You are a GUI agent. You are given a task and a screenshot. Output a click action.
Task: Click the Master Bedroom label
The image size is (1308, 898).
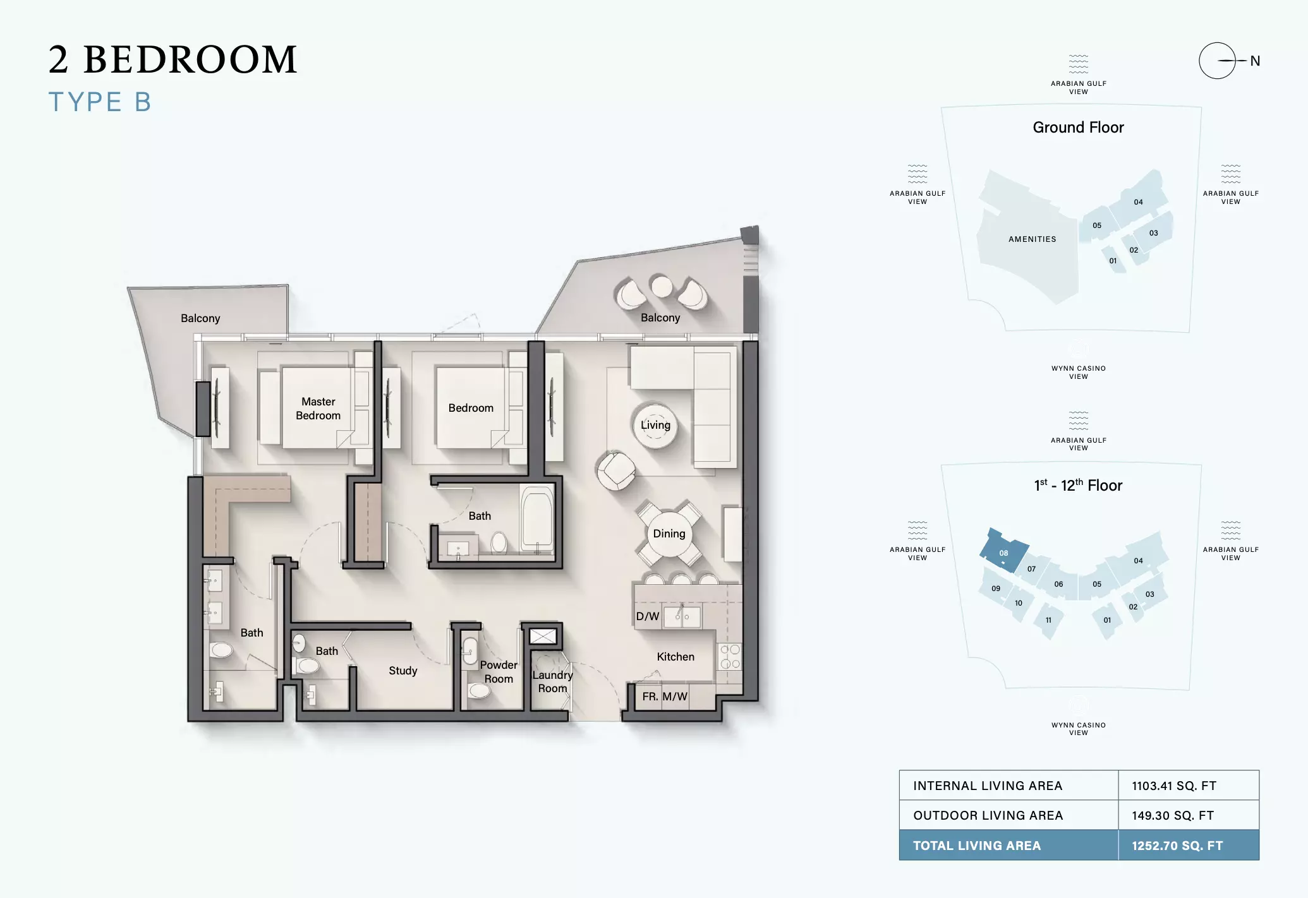(318, 409)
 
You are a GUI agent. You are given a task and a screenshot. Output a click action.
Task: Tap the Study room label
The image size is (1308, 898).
(403, 671)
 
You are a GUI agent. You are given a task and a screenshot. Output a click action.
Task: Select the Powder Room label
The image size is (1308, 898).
(499, 672)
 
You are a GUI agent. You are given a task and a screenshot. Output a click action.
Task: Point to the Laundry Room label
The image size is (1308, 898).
(552, 681)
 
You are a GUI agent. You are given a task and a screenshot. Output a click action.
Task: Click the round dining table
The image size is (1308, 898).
(669, 534)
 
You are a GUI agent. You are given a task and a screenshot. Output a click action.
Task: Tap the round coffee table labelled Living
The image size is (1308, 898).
(655, 426)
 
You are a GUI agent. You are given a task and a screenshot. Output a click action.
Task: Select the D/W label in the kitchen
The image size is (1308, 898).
(647, 616)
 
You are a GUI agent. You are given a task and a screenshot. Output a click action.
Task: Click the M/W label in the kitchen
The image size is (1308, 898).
(675, 697)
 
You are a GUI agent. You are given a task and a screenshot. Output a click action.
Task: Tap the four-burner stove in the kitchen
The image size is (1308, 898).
(730, 656)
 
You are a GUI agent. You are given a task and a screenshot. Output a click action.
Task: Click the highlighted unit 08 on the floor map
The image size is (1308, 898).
(1003, 550)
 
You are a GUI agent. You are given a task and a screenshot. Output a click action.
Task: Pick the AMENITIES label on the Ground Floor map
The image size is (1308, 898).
(1032, 239)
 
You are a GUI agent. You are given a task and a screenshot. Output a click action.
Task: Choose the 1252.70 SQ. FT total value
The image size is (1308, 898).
(1177, 846)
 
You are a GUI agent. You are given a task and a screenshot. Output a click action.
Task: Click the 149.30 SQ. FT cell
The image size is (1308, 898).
(1173, 815)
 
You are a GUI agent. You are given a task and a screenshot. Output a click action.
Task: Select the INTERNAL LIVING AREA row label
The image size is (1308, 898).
(988, 786)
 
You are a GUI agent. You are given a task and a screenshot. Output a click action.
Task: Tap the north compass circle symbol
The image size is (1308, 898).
(1217, 61)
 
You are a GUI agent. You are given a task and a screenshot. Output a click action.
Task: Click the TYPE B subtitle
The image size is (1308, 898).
(100, 102)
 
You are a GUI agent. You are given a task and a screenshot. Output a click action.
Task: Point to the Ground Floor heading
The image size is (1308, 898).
(1078, 128)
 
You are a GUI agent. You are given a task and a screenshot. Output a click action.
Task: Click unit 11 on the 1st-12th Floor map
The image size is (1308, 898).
(1048, 620)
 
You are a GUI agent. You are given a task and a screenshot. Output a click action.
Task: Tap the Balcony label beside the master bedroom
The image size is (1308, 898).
(200, 318)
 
